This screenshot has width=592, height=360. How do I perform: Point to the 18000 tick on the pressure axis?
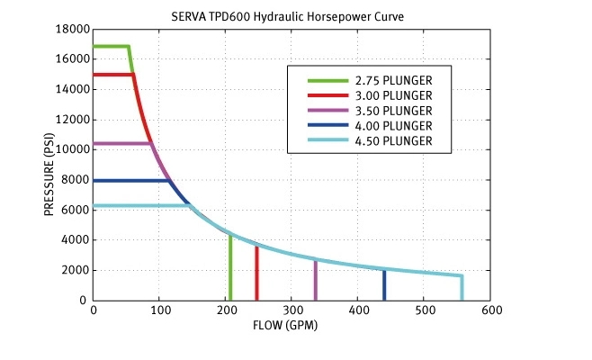point(73,29)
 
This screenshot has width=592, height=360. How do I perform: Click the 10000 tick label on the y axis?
point(73,149)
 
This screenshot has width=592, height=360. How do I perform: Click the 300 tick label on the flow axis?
point(292,311)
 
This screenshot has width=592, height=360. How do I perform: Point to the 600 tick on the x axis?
point(490,311)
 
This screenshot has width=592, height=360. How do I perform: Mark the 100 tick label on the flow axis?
point(159,311)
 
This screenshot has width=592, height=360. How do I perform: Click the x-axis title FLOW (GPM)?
point(292,325)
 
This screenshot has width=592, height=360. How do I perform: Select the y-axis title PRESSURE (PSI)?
point(49,165)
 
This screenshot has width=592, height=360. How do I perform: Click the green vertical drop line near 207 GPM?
point(230,270)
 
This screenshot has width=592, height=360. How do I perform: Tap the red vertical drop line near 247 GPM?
point(256,274)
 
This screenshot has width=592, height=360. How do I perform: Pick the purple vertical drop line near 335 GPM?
point(315,281)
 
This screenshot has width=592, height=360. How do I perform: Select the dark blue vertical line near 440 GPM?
point(384,286)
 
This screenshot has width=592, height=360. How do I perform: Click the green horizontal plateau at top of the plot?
point(111,46)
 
